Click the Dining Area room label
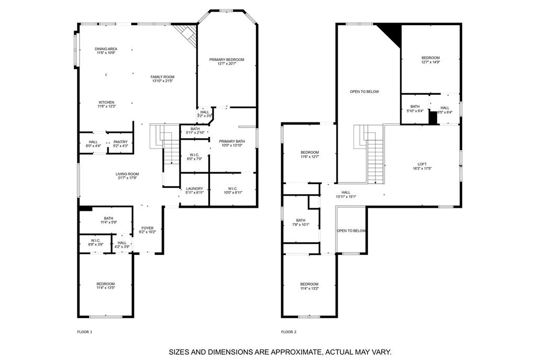click(x=106, y=49)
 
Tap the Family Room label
click(x=162, y=77)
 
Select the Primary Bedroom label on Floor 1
click(x=227, y=60)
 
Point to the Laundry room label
click(x=194, y=190)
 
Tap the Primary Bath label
click(x=231, y=141)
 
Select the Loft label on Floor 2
click(x=422, y=164)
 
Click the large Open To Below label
click(x=364, y=92)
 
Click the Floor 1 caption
click(x=84, y=332)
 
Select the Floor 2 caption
click(x=288, y=332)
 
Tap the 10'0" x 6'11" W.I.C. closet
click(x=232, y=190)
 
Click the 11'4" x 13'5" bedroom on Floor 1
click(x=105, y=286)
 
